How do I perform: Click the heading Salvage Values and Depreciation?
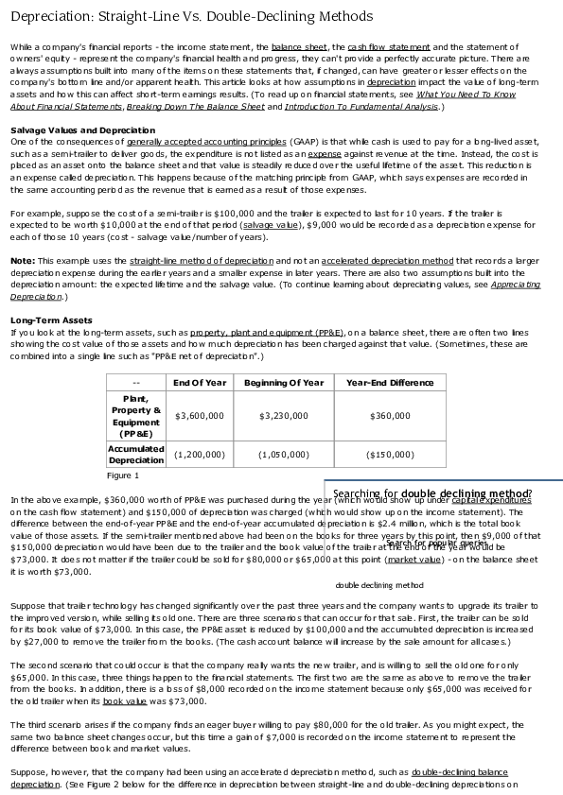pyautogui.click(x=82, y=130)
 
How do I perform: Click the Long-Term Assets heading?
pyautogui.click(x=51, y=320)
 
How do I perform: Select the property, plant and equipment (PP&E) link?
pyautogui.click(x=267, y=332)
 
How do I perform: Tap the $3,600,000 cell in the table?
pyautogui.click(x=199, y=415)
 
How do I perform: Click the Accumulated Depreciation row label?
pyautogui.click(x=136, y=454)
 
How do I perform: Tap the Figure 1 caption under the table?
pyautogui.click(x=123, y=475)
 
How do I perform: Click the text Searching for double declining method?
pyautogui.click(x=432, y=493)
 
